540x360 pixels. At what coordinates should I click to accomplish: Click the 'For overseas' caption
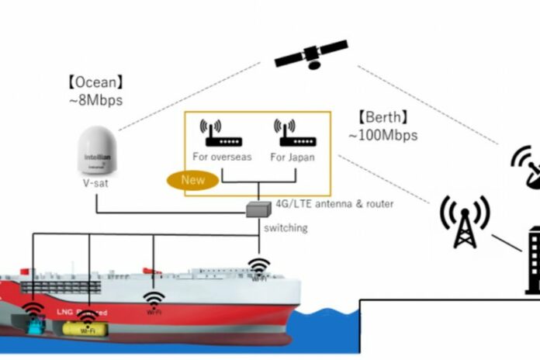tap(223, 157)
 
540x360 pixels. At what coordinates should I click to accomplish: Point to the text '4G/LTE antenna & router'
tap(334, 203)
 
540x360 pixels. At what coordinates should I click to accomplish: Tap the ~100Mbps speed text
tap(383, 135)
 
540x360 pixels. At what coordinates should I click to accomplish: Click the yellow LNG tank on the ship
tap(85, 329)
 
